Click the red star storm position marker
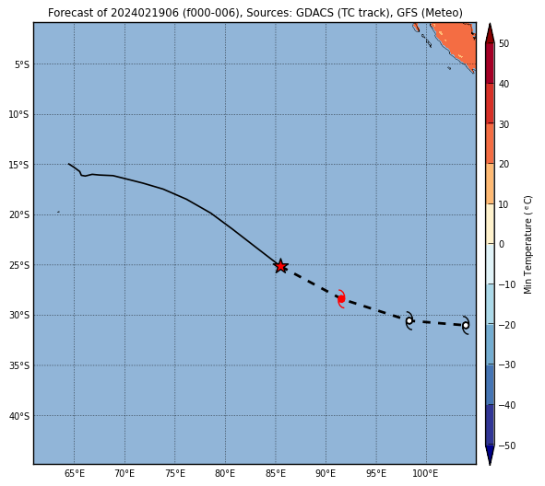280,266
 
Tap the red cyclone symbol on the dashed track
341,298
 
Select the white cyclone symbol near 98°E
409,321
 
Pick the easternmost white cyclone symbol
466,326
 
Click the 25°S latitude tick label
18,265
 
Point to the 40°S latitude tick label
18,416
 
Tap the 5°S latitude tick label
22,64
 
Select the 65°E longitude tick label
75,473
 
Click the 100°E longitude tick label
426,473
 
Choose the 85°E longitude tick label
276,473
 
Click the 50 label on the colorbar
504,43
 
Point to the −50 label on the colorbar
507,445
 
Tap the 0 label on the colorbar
502,244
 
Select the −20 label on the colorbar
507,325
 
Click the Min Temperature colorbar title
527,245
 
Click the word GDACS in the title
314,13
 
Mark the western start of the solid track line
68,164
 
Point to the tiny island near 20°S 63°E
58,212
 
